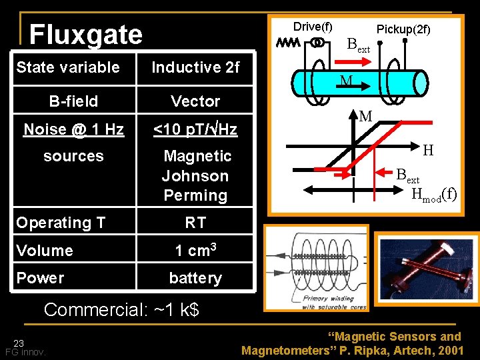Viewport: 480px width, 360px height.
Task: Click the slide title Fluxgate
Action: coord(85,34)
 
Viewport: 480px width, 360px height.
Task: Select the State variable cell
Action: coord(68,67)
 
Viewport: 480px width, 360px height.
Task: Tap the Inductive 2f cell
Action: coord(195,67)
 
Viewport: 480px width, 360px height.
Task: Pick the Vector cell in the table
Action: coord(195,101)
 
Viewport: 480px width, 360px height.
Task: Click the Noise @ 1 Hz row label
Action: coord(73,129)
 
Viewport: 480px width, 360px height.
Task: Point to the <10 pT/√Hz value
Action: coord(195,129)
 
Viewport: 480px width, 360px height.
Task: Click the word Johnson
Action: coord(195,176)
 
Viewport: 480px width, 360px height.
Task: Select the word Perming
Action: coord(195,195)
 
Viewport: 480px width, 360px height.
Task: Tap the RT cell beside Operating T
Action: coord(195,223)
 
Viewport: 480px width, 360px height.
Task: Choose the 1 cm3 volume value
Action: coord(195,250)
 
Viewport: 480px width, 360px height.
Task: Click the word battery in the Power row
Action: coord(195,278)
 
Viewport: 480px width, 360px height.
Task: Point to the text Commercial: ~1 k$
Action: coord(121,310)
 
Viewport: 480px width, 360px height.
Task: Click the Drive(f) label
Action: coord(313,27)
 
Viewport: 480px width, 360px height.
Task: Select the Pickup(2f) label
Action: coord(403,29)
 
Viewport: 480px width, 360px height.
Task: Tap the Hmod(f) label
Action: coord(434,195)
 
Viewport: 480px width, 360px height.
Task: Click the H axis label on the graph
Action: coord(428,151)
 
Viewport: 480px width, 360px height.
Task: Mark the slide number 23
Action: coord(19,343)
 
